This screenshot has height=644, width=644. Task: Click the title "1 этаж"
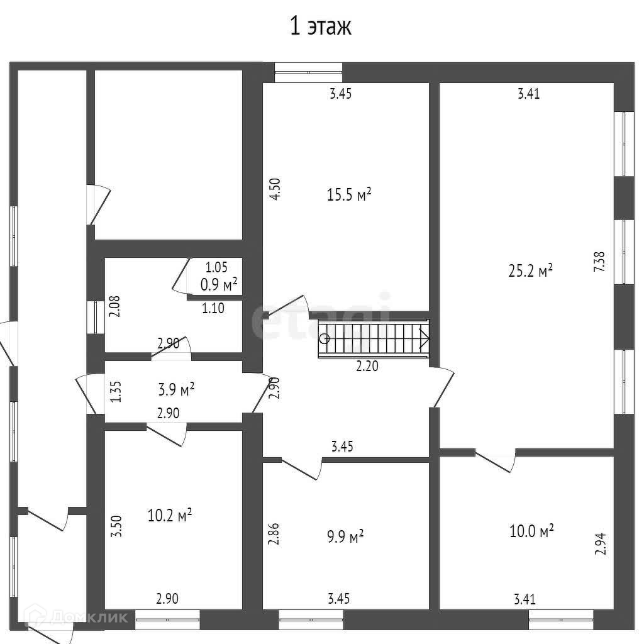321,27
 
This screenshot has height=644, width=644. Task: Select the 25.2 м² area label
530,270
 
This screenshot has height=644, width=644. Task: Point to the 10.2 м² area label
169,516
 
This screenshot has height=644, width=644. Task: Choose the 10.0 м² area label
531,531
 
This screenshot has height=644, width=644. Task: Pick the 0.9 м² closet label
218,284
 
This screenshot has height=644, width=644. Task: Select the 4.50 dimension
274,189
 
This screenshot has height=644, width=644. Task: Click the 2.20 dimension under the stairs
367,366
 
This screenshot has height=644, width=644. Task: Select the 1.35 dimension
115,391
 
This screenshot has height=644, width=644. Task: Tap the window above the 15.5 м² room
308,72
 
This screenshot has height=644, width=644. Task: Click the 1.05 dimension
216,267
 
